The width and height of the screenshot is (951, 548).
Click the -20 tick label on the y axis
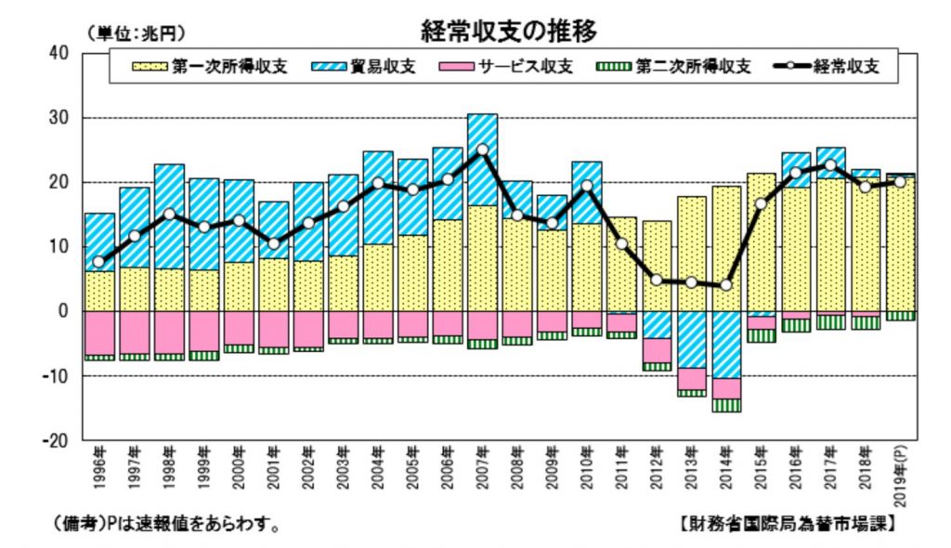[x=58, y=440]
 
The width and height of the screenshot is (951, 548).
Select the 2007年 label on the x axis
[x=482, y=468]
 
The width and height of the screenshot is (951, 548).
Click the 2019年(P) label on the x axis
[x=898, y=474]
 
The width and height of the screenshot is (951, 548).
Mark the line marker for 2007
[x=482, y=150]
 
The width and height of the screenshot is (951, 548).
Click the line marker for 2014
[x=725, y=285]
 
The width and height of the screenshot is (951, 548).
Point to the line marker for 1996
[x=99, y=262]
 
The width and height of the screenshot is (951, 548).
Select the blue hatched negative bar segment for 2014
[x=725, y=345]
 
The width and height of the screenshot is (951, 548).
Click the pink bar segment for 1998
[x=169, y=333]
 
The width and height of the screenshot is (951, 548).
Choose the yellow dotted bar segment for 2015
[x=761, y=241]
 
